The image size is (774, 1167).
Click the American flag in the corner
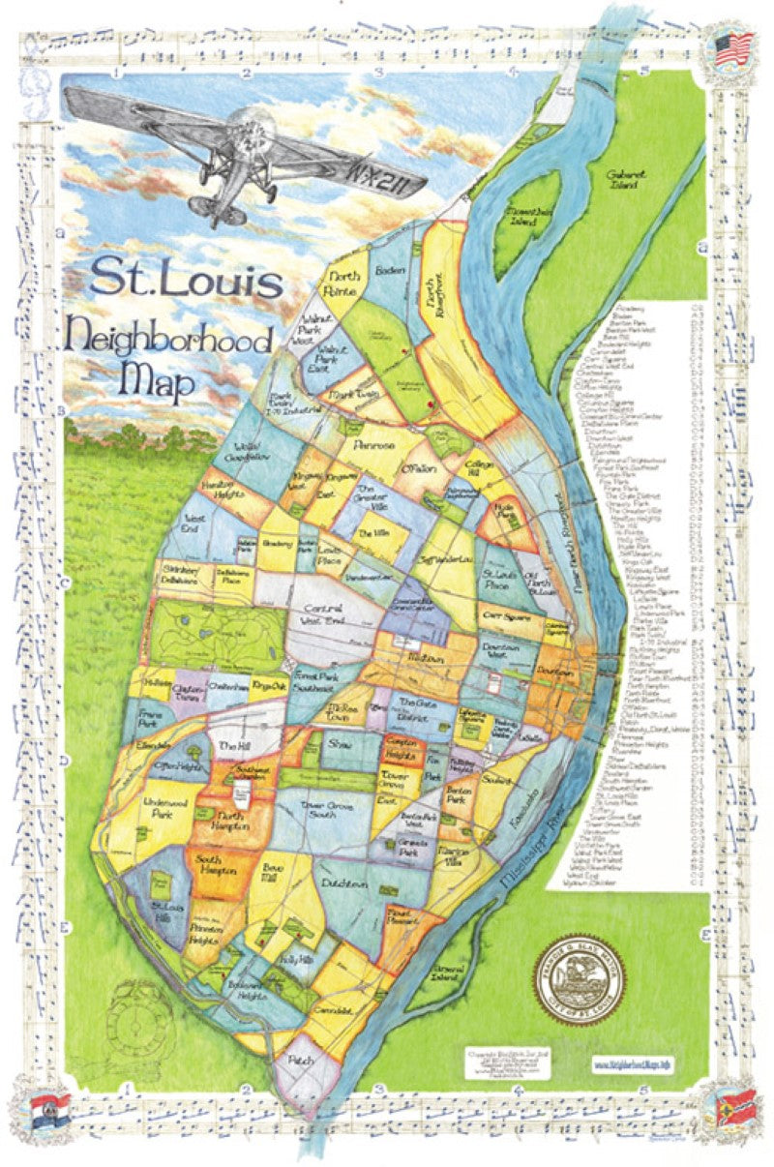(x=733, y=47)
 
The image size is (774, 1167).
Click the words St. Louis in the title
(x=187, y=280)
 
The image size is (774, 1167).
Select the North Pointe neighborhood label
(x=341, y=283)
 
